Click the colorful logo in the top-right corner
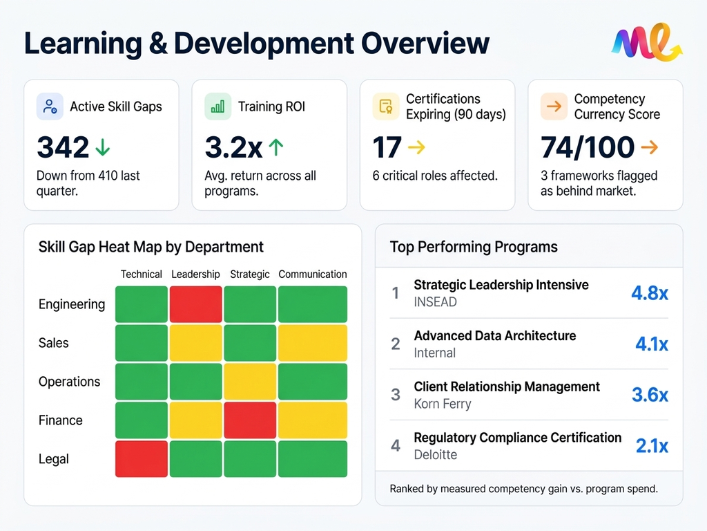coord(647,43)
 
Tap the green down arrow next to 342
coord(103,147)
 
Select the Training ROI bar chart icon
coord(217,106)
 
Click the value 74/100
coord(588,147)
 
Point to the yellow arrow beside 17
coord(417,147)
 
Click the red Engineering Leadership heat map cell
coord(195,304)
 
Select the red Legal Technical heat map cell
coord(141,459)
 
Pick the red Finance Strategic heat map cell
coord(250,420)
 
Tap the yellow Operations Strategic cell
coord(250,382)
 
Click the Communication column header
coord(313,274)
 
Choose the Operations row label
coord(69,382)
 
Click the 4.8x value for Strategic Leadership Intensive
coord(649,293)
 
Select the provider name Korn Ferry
coord(442,404)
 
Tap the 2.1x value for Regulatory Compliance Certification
coord(651,446)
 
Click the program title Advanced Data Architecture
coord(494,336)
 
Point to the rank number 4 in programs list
coord(396,446)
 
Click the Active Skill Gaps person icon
coord(50,106)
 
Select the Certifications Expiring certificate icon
coord(386,106)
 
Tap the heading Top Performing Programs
coord(474,247)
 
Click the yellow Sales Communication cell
coord(313,343)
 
